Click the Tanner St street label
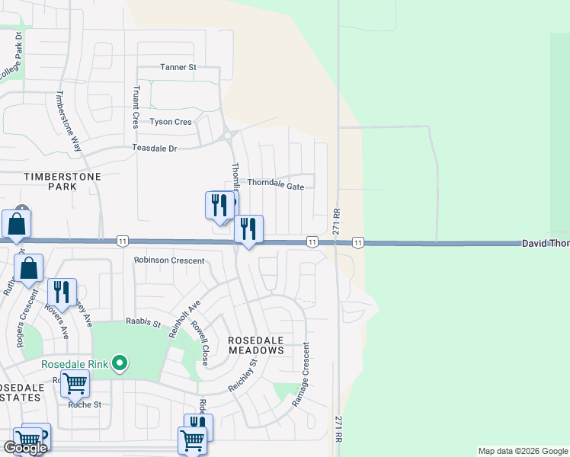pyautogui.click(x=178, y=67)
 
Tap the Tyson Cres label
pyautogui.click(x=171, y=122)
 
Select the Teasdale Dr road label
pyautogui.click(x=154, y=148)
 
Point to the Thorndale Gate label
pyautogui.click(x=275, y=185)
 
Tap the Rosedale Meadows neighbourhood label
pyautogui.click(x=256, y=345)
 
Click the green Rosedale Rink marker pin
pyautogui.click(x=119, y=363)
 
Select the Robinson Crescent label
pyautogui.click(x=169, y=260)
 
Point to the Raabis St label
pyautogui.click(x=144, y=324)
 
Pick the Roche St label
pyautogui.click(x=85, y=404)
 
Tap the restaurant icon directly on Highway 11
pyautogui.click(x=248, y=229)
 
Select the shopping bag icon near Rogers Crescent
pyautogui.click(x=29, y=269)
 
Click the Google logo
pyautogui.click(x=25, y=448)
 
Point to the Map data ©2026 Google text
pyautogui.click(x=523, y=451)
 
